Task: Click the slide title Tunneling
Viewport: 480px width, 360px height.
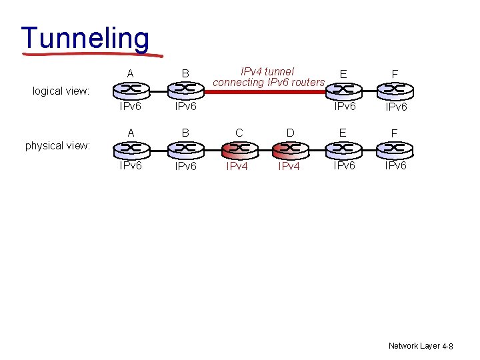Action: coord(85,38)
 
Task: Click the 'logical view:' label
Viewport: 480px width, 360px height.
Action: coord(61,91)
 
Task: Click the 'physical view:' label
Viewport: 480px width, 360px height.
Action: coord(57,145)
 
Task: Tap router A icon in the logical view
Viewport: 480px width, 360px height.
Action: coord(130,89)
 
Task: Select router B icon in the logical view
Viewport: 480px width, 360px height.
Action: coord(185,89)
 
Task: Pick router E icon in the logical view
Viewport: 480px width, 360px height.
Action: coord(343,89)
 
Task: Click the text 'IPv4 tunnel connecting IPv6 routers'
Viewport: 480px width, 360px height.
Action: coord(268,77)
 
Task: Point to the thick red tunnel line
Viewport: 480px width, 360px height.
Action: coord(267,89)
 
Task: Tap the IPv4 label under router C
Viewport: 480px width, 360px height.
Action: coord(237,166)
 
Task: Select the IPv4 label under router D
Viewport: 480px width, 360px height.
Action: coord(289,166)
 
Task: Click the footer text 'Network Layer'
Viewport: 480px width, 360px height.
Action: coord(413,346)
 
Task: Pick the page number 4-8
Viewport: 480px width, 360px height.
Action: coord(447,347)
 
